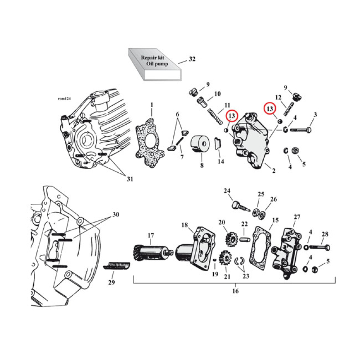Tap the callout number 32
tap(192, 59)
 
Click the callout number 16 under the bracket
tap(235, 291)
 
